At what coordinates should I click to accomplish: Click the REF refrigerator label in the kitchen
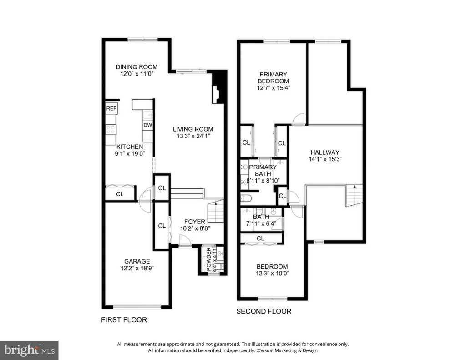point(111,108)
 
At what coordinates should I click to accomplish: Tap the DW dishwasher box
point(148,125)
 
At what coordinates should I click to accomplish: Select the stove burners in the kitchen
point(111,130)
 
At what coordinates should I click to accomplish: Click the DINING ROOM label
point(137,67)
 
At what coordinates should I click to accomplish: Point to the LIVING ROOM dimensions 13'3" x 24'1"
point(193,136)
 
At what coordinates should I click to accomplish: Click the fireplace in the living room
point(216,95)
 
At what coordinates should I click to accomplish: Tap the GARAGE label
point(137,261)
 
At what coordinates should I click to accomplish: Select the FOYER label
point(195,222)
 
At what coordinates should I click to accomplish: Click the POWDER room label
point(208,259)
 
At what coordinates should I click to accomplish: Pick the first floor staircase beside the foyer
point(216,211)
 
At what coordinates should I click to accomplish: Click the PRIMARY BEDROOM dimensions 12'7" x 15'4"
point(274,88)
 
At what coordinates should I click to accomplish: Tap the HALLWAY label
point(325,152)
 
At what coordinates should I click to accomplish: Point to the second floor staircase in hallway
point(354,196)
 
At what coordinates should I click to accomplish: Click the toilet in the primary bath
point(246,198)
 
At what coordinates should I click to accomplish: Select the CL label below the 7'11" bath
point(261,238)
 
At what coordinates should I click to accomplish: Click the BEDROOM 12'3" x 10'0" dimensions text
point(273,274)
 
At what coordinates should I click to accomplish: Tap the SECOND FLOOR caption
point(264,312)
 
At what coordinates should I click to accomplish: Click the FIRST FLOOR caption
point(124,320)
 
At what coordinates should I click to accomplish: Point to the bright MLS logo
point(29,350)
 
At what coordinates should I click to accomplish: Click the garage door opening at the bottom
point(137,307)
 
